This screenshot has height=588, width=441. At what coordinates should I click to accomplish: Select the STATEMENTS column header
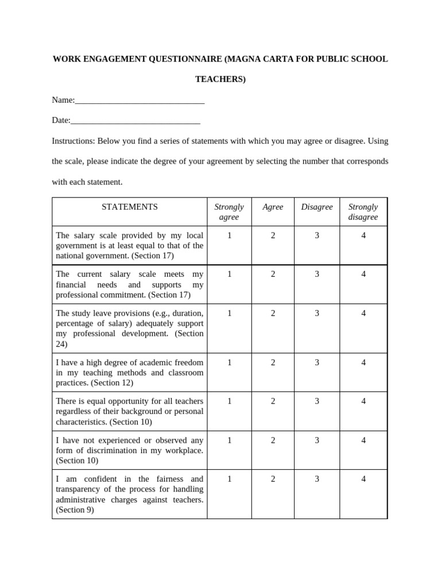[130, 207]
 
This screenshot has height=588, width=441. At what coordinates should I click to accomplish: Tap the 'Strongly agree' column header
[229, 212]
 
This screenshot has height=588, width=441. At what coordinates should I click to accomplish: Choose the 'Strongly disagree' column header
[363, 212]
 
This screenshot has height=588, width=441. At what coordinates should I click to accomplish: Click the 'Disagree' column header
[317, 207]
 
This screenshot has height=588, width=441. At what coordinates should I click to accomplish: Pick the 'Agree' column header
[273, 207]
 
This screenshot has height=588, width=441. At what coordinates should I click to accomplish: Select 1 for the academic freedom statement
[229, 362]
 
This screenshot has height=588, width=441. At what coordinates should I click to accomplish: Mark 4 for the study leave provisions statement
[363, 313]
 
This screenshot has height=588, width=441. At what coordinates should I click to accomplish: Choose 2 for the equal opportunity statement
[273, 401]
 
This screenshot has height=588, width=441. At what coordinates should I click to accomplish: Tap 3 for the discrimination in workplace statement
[317, 440]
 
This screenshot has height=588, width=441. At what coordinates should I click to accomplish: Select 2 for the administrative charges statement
[273, 479]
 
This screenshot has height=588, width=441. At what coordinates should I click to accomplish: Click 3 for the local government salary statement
[317, 235]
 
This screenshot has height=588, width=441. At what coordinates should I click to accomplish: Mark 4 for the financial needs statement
[363, 274]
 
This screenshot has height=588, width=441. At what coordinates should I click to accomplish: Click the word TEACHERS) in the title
[220, 79]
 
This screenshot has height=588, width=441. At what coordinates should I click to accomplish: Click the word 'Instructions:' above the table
[73, 141]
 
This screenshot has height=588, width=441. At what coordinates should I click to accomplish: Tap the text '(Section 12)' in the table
[111, 383]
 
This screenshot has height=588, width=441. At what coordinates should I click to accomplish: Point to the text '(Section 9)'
[75, 510]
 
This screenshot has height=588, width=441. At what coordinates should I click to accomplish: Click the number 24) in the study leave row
[61, 345]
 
